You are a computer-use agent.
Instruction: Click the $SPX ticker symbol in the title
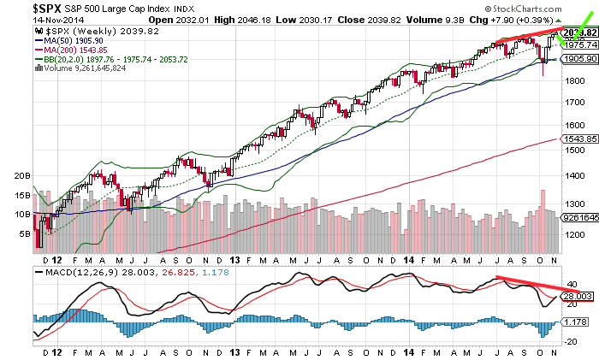23,7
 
